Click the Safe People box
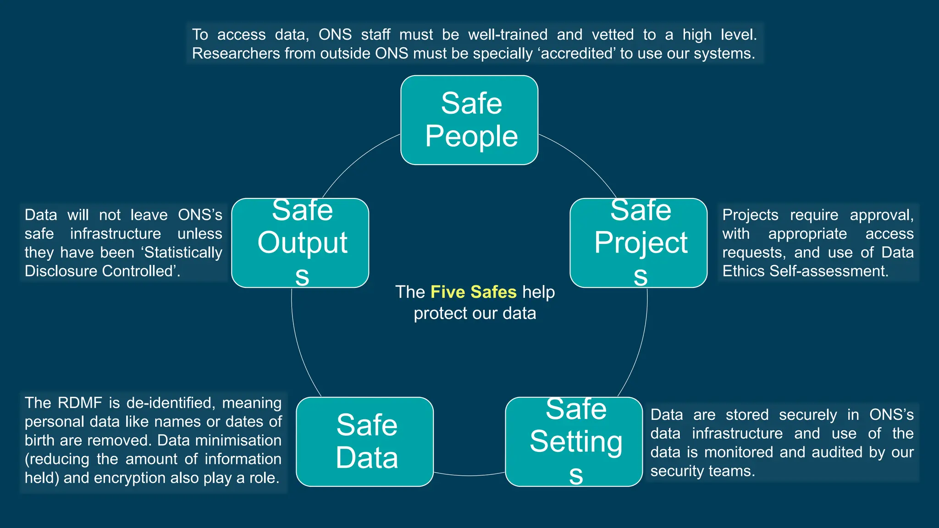click(x=469, y=120)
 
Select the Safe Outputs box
click(x=300, y=243)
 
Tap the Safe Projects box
click(x=638, y=243)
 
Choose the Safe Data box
click(x=365, y=441)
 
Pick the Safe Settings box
click(x=574, y=441)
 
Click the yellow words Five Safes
click(x=473, y=292)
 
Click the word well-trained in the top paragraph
click(x=508, y=35)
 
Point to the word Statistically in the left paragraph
click(x=183, y=253)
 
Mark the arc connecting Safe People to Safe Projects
click(x=582, y=160)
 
